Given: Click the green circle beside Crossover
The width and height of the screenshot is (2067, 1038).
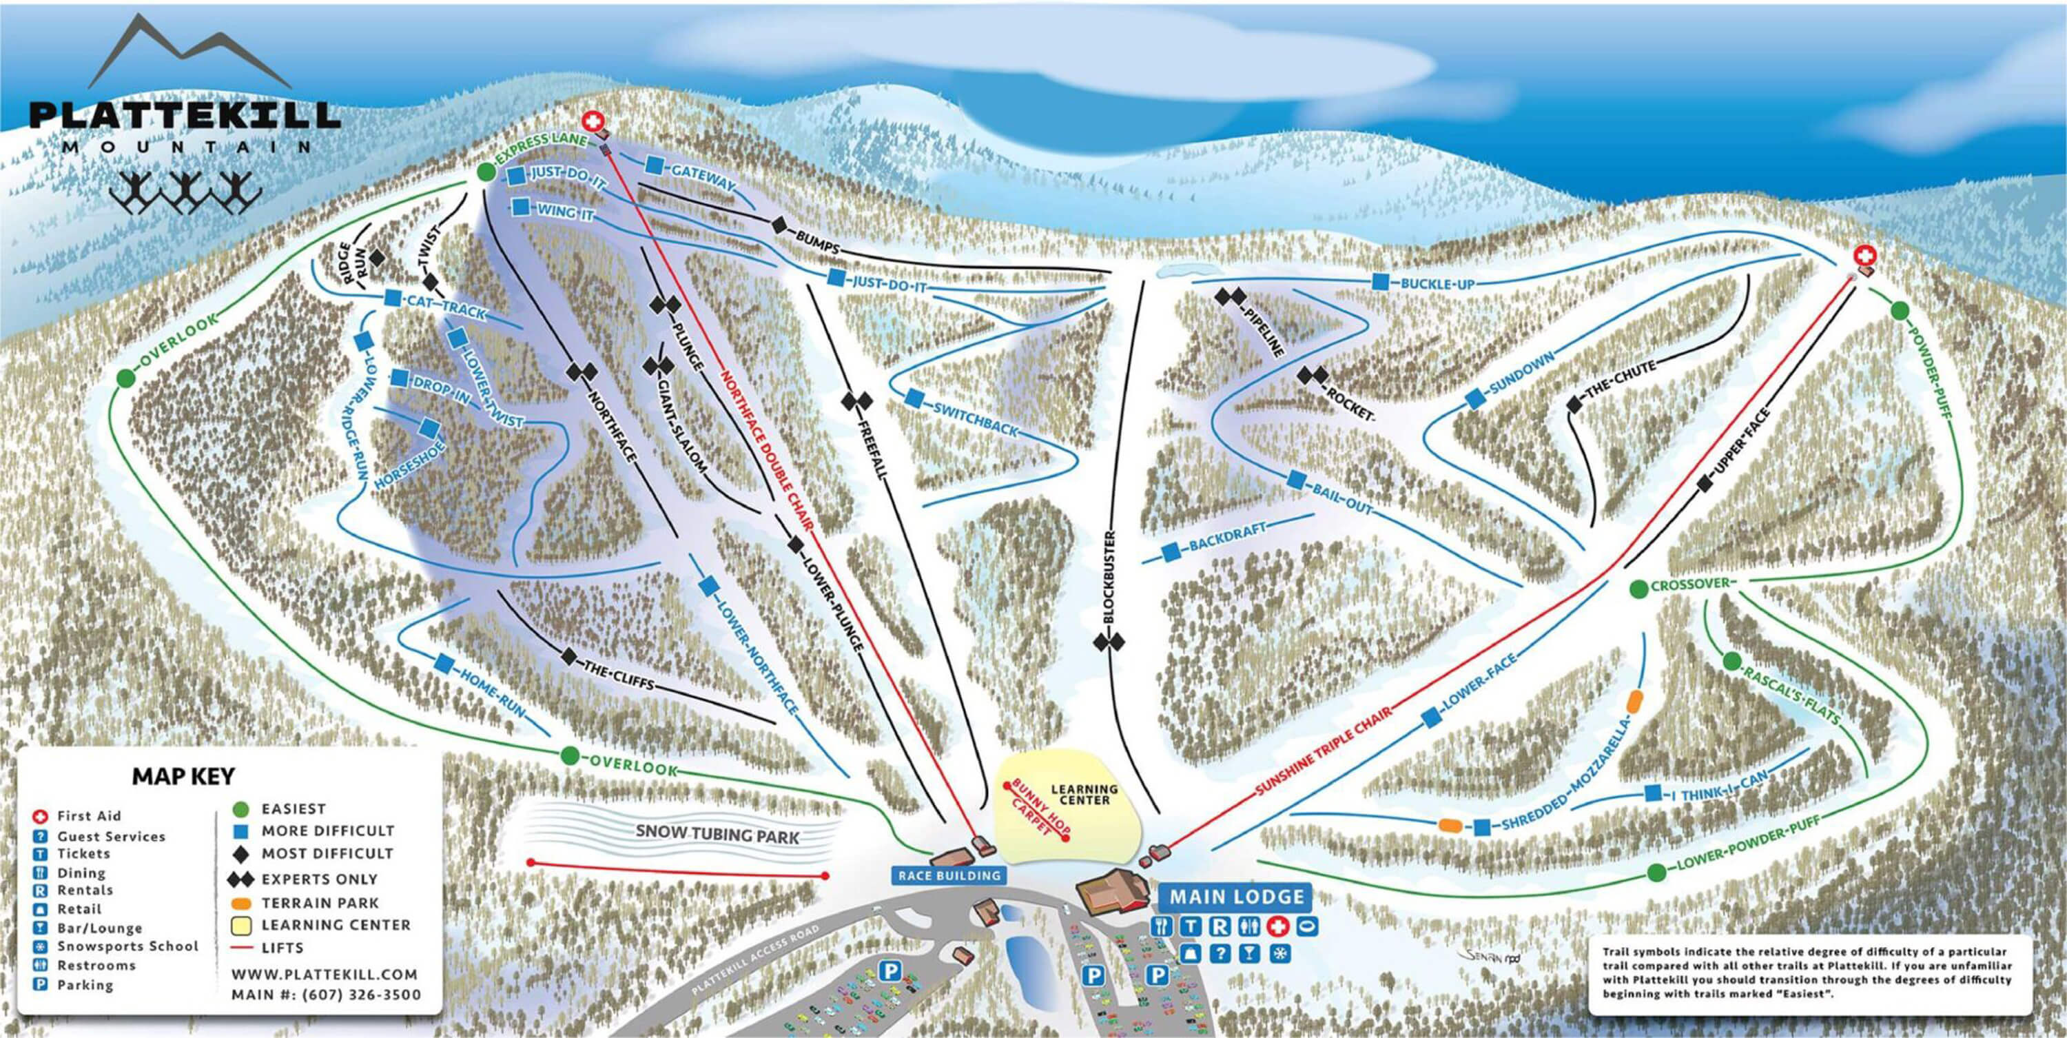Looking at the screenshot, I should pos(1638,589).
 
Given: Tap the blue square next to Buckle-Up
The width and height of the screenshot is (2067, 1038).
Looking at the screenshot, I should pos(1380,282).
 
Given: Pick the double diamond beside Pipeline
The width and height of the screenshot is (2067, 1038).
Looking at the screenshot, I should pos(1228,297).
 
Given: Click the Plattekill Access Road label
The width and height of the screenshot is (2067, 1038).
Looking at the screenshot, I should pos(759,960).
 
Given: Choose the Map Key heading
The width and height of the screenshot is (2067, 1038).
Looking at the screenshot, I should pos(183,776).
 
